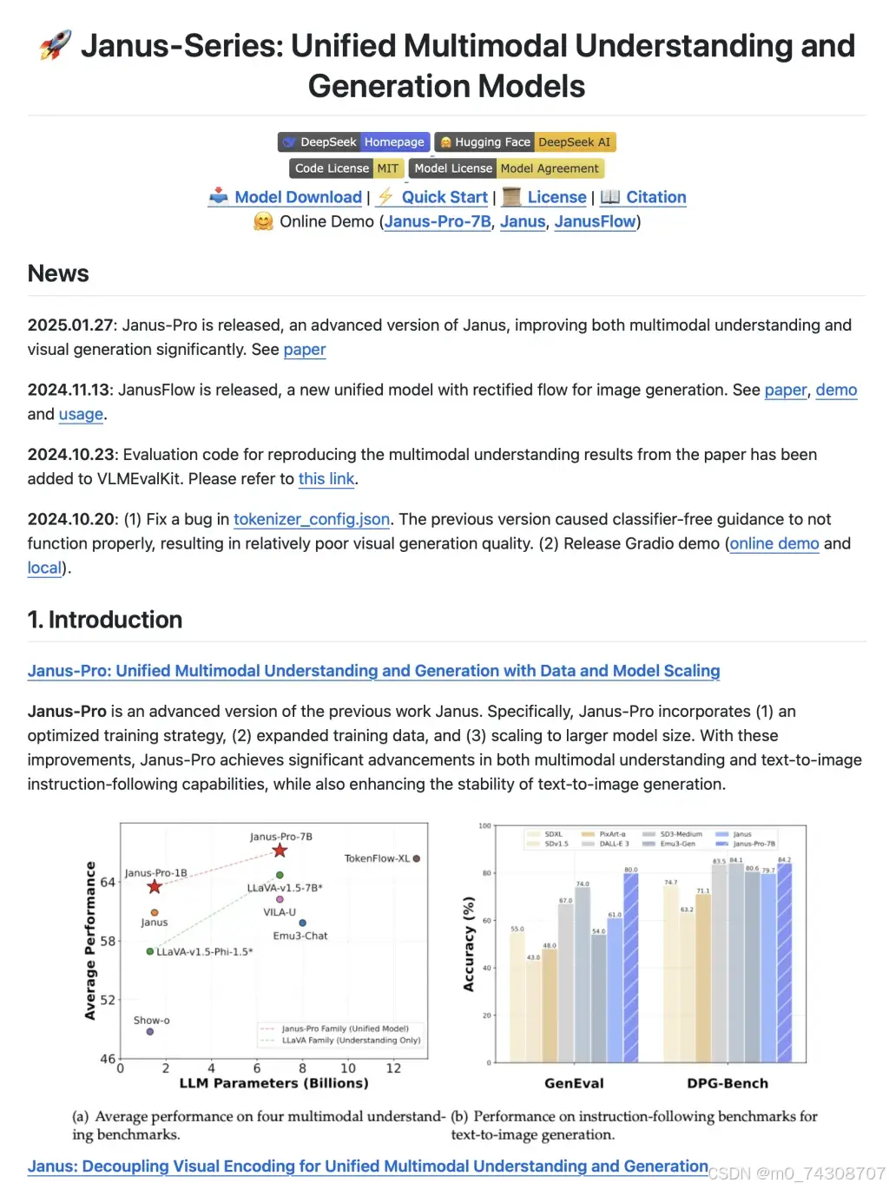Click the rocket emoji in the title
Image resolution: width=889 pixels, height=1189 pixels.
click(56, 45)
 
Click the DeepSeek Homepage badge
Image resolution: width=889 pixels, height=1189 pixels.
click(354, 142)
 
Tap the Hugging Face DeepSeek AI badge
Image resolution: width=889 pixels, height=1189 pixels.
click(525, 142)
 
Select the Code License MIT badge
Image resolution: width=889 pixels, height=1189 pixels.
click(346, 168)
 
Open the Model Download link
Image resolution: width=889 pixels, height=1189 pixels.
click(298, 197)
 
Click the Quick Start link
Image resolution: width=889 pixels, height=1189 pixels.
click(444, 197)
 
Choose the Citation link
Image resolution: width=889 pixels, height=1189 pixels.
click(655, 197)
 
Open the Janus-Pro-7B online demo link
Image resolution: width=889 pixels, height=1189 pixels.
click(438, 221)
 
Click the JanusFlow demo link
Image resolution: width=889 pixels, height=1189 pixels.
click(595, 221)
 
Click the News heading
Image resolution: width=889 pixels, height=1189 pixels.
click(58, 273)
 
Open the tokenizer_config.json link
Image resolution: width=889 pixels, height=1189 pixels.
click(312, 519)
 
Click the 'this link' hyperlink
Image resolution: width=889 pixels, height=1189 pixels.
click(326, 478)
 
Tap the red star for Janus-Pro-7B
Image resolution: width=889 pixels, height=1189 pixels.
click(280, 851)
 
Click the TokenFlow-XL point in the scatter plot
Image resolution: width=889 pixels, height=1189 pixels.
click(417, 858)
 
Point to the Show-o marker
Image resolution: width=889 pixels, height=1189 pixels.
click(150, 1032)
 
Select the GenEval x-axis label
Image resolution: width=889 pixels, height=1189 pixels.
click(574, 1083)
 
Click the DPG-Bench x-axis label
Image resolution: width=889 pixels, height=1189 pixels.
click(728, 1083)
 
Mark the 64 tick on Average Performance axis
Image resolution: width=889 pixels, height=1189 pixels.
click(108, 883)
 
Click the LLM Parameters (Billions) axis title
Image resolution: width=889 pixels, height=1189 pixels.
click(273, 1083)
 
